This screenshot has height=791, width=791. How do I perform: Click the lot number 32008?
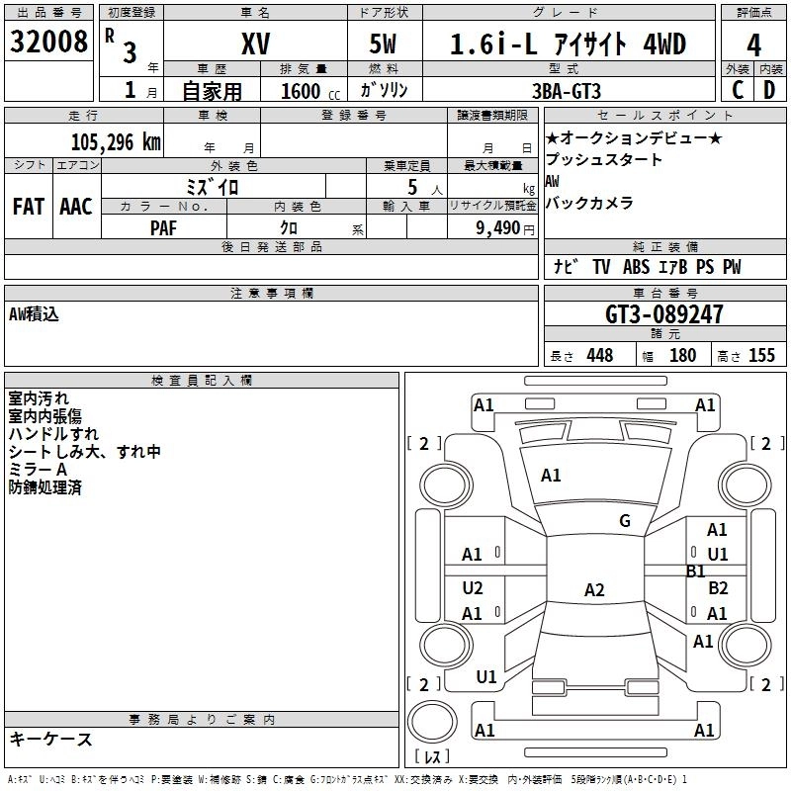(48, 42)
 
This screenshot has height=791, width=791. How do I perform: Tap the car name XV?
(256, 44)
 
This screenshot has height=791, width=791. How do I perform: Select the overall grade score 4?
(753, 45)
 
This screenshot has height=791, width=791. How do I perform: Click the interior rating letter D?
(769, 90)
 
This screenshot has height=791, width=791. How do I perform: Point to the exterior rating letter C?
(738, 90)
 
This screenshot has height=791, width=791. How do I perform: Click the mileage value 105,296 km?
(116, 142)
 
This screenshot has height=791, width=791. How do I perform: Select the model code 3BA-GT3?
(567, 91)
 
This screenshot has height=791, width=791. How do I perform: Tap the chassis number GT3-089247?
(663, 314)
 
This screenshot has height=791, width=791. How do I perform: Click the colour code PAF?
(163, 228)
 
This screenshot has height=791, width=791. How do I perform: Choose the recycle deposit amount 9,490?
(498, 228)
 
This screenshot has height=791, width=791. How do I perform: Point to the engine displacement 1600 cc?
(310, 91)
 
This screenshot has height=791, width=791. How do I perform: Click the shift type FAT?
(29, 207)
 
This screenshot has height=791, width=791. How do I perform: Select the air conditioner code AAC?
(76, 207)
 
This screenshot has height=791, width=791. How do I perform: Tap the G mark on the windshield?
(625, 521)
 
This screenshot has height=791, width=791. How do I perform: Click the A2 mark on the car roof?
(594, 589)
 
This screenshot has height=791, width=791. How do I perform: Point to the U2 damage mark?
(473, 587)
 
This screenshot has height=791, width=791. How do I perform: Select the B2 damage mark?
(718, 587)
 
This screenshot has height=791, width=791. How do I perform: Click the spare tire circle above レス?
(432, 722)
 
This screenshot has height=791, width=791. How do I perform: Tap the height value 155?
(761, 355)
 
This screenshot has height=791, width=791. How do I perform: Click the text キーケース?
(51, 739)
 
